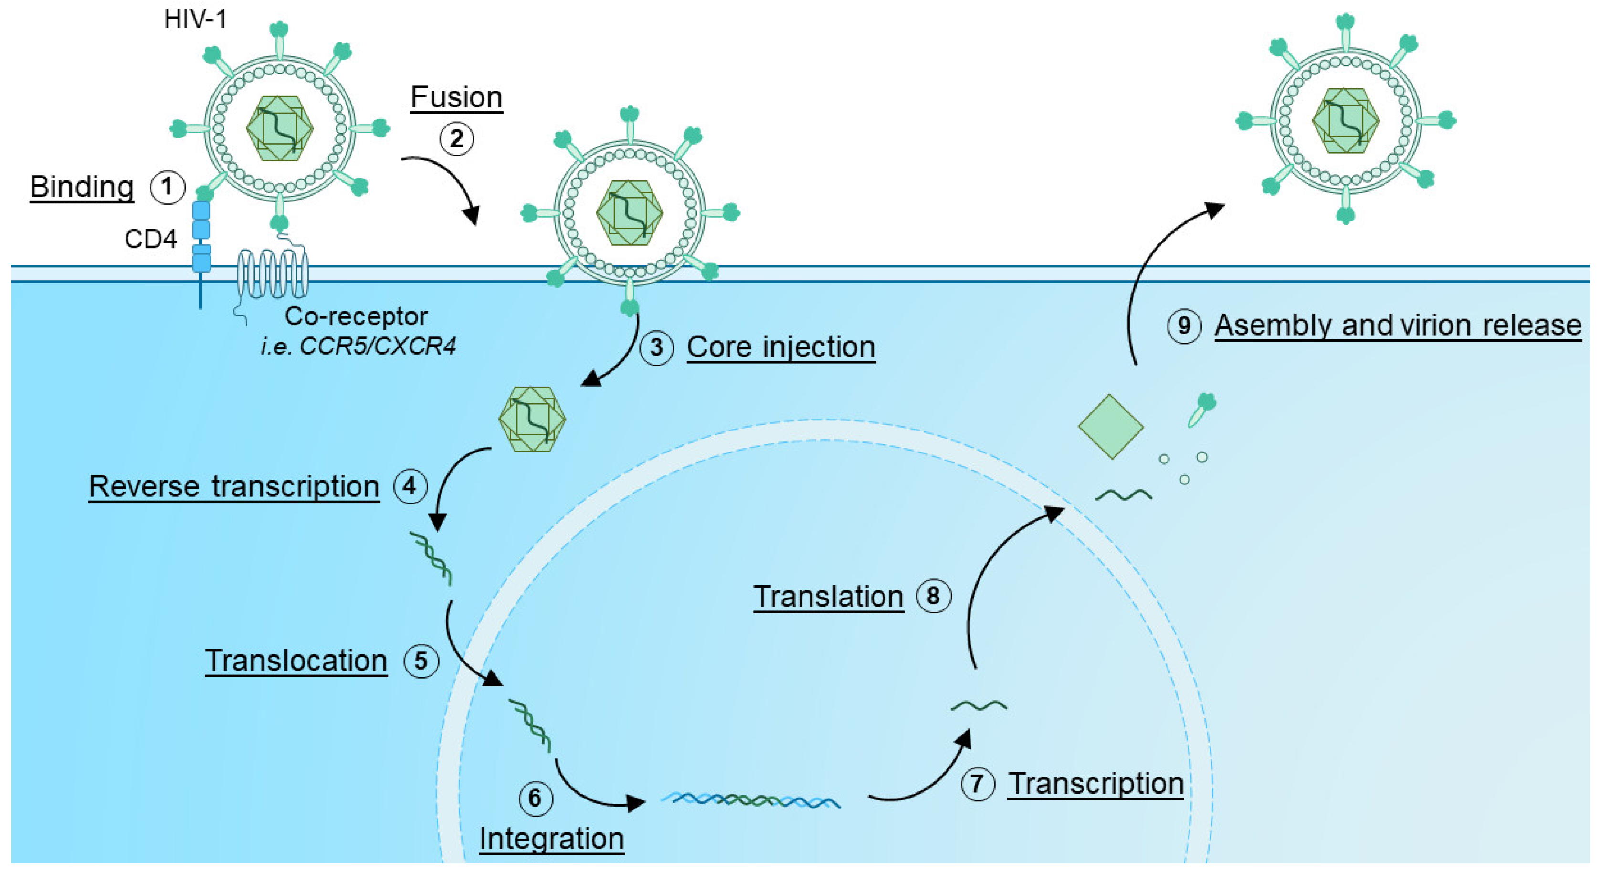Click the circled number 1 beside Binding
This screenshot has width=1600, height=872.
point(167,188)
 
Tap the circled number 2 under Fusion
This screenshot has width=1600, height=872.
point(456,138)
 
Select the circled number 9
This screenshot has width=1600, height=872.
point(1184,326)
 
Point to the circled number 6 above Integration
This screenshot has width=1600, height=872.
point(535,798)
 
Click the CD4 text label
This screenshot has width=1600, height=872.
point(150,239)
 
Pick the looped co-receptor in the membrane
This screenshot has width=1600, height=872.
point(272,274)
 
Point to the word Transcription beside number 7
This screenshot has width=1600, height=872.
point(1095,784)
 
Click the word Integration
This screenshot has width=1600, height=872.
point(552,839)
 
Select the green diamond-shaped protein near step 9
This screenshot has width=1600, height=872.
point(1111,427)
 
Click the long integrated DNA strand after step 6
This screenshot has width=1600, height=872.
point(750,800)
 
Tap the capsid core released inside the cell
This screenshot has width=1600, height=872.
point(532,419)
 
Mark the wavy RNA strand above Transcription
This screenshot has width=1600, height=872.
point(979,705)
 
